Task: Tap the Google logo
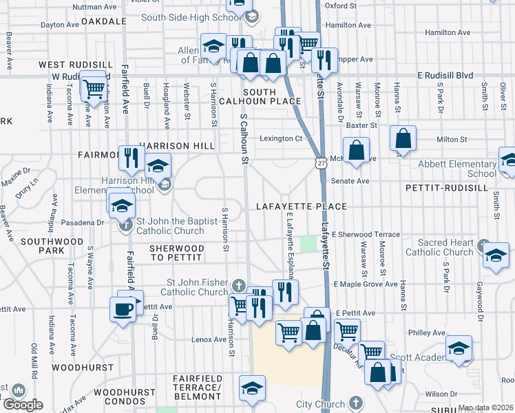pyautogui.click(x=22, y=405)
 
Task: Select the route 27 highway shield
pyautogui.click(x=322, y=163)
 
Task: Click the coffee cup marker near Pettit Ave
pyautogui.click(x=124, y=308)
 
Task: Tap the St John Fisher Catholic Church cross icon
pyautogui.click(x=239, y=285)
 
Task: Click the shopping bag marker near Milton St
pyautogui.click(x=403, y=138)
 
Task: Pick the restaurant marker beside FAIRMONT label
pyautogui.click(x=129, y=158)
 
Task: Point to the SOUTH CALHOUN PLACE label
pyautogui.click(x=271, y=96)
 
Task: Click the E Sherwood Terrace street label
pyautogui.click(x=366, y=235)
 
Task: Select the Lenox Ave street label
pyautogui.click(x=209, y=339)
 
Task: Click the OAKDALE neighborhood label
pyautogui.click(x=105, y=21)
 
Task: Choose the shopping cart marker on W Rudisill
pyautogui.click(x=93, y=87)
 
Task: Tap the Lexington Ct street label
pyautogui.click(x=282, y=138)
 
